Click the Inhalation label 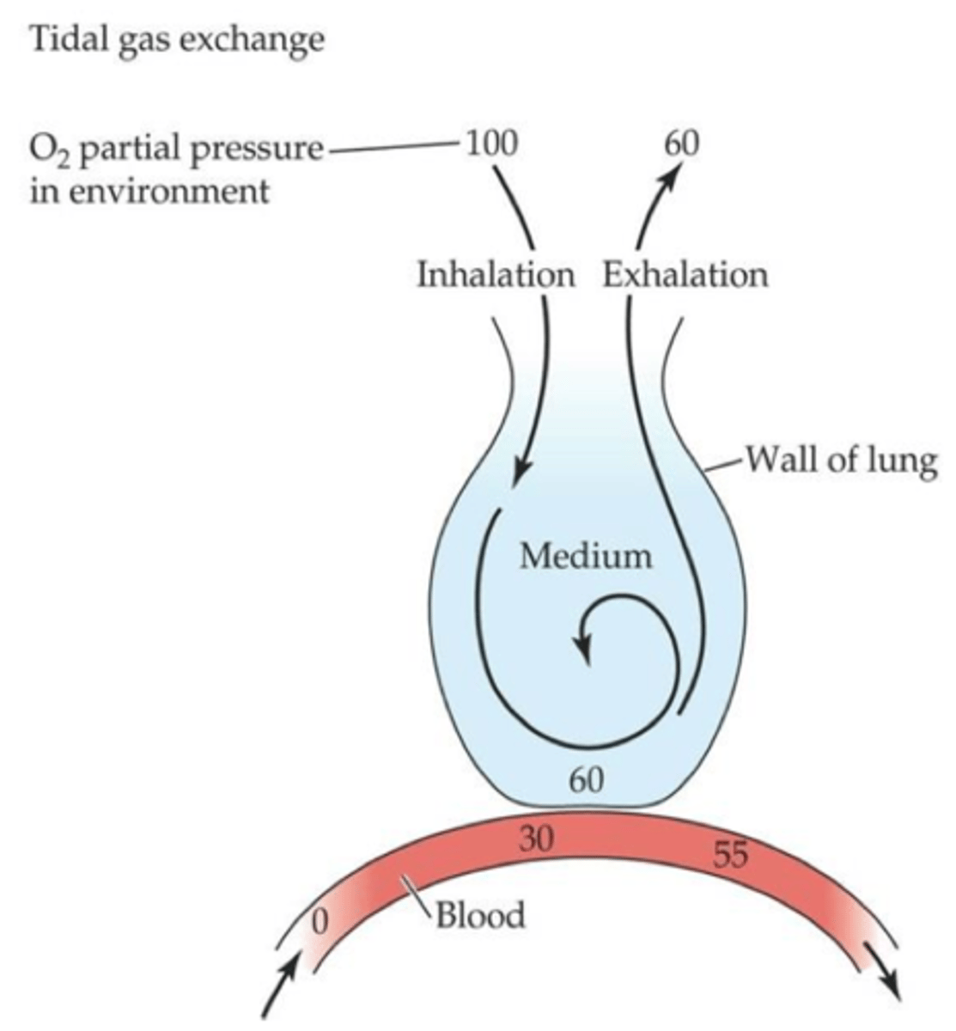(x=496, y=275)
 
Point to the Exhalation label (x=685, y=275)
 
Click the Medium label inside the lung (x=586, y=556)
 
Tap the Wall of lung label (x=840, y=461)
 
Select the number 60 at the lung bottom (x=588, y=779)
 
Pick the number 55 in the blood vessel (x=730, y=854)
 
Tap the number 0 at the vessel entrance (x=320, y=922)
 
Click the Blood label (x=480, y=915)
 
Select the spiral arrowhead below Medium (x=587, y=649)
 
